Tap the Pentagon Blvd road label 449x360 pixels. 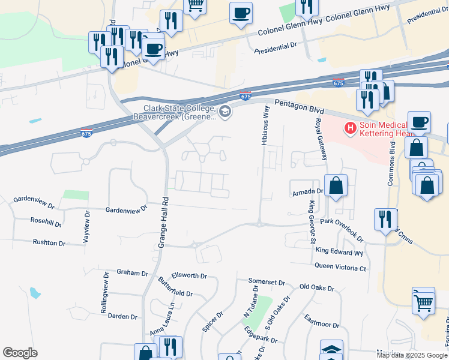[299, 107]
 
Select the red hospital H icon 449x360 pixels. [349, 128]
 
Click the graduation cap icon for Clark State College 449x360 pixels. [224, 111]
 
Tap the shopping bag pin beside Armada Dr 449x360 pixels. [336, 187]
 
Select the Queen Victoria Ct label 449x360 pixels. [340, 267]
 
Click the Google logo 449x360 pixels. [20, 353]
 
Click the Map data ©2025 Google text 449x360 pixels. [412, 355]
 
